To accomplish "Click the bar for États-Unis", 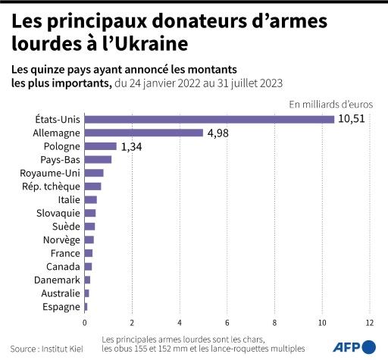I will click(209, 119).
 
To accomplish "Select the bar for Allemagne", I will click(143, 133).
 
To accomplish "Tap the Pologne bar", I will click(100, 146).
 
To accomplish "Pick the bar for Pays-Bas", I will click(98, 159).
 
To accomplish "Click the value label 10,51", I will click(352, 119).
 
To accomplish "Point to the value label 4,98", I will click(218, 133).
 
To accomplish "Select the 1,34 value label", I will click(132, 146).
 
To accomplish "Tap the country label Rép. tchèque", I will click(52, 186).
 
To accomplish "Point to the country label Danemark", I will click(58, 280).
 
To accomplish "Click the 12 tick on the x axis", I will click(370, 322).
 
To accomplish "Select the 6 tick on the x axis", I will click(227, 322).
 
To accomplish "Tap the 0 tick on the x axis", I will click(84, 322).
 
